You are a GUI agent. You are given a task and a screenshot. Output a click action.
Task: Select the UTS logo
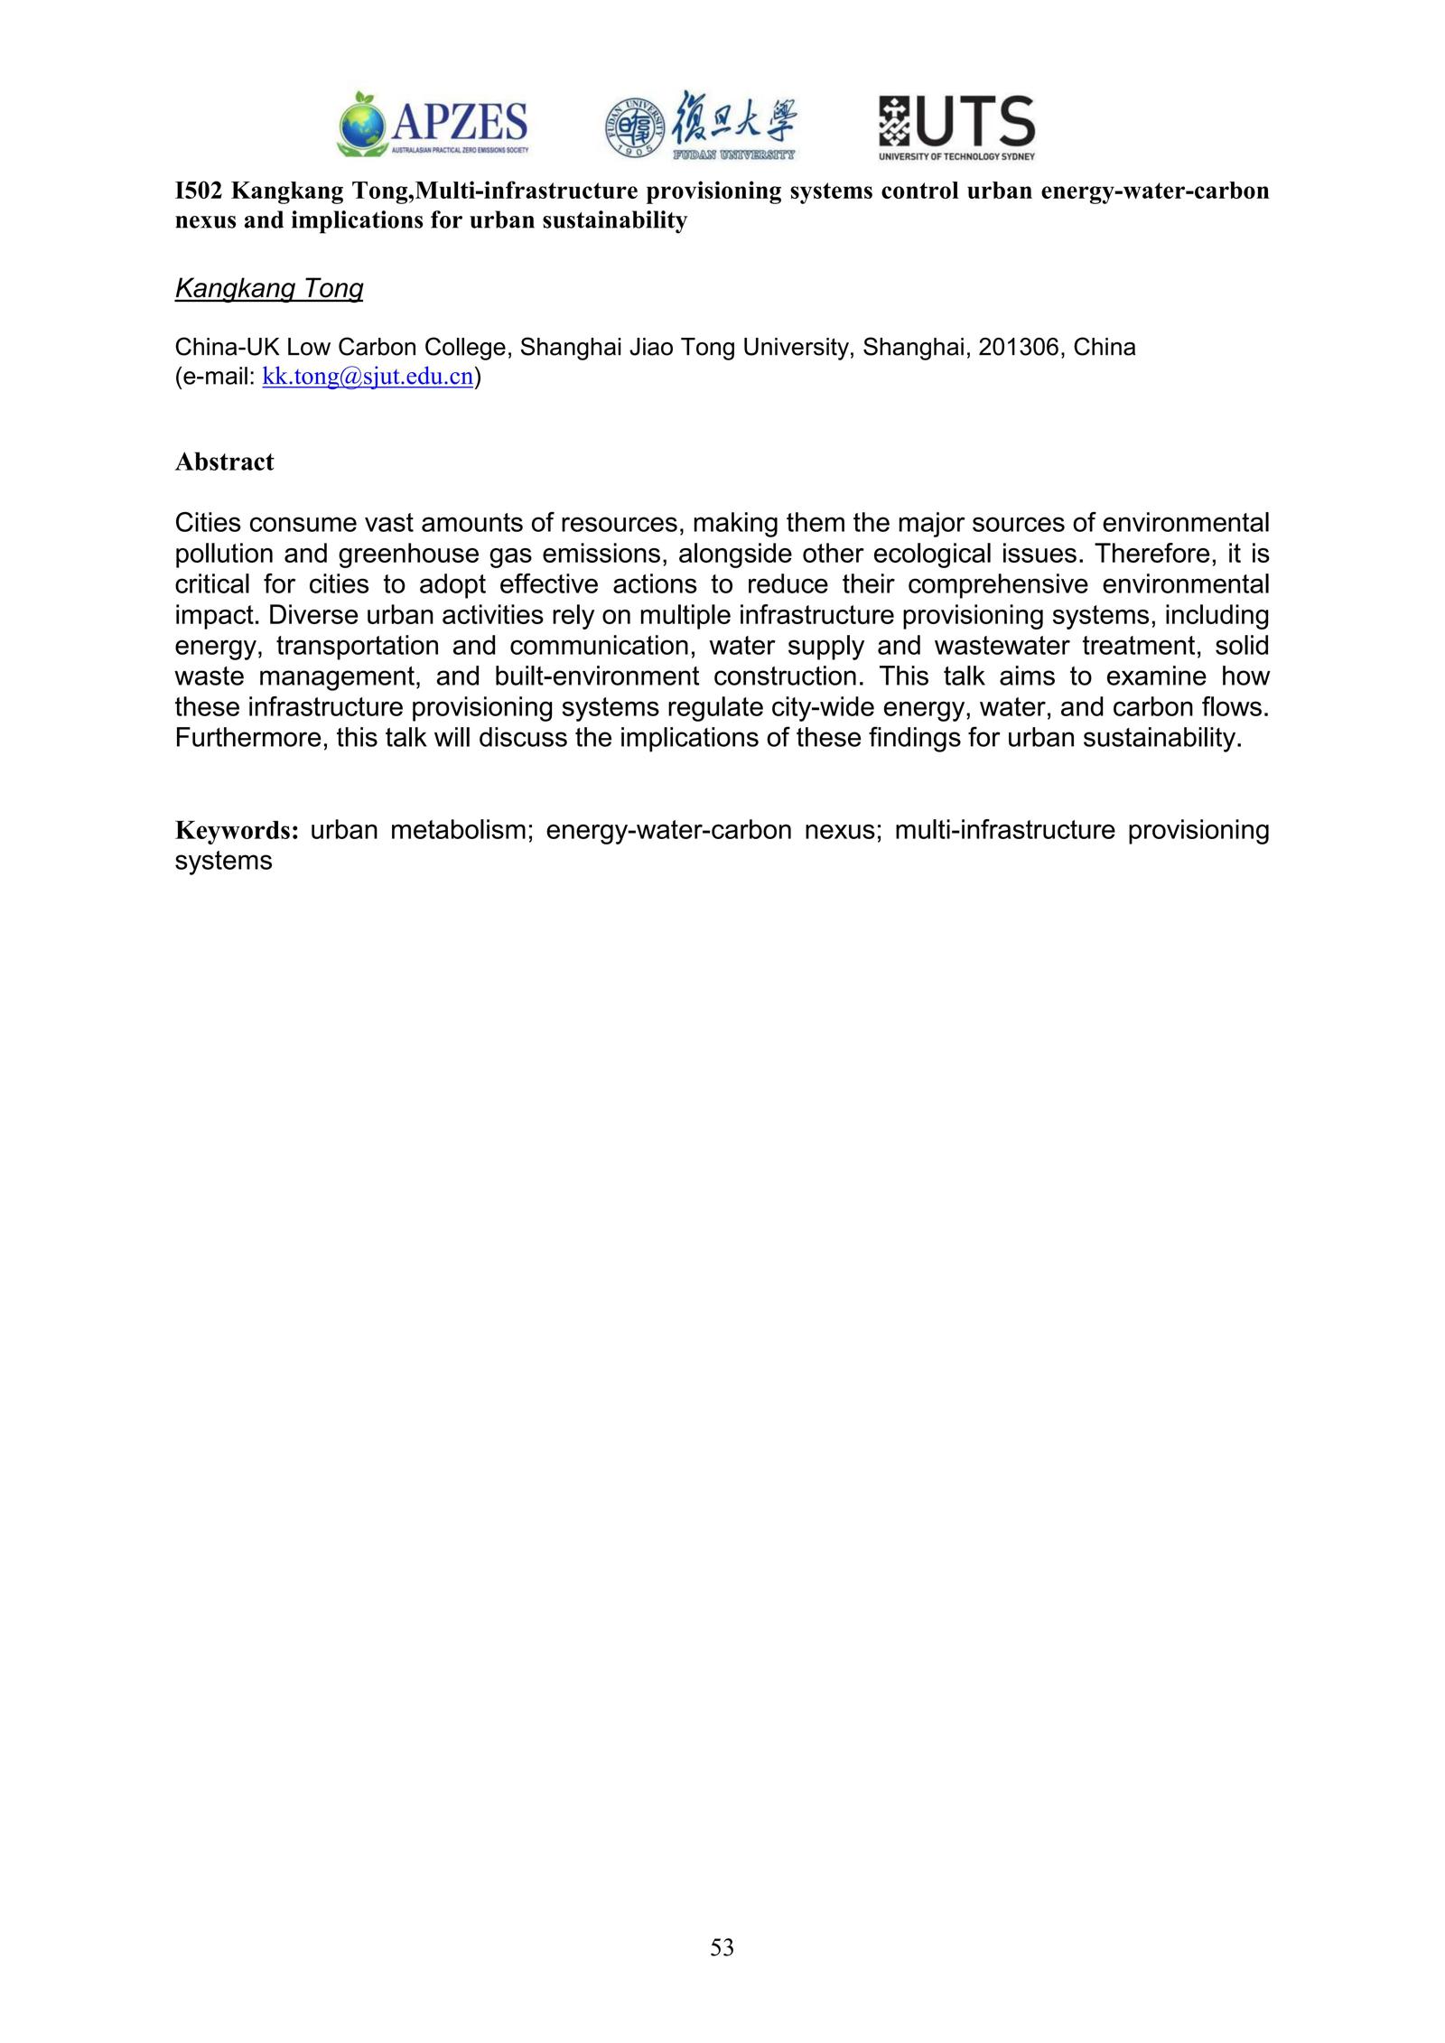click(956, 127)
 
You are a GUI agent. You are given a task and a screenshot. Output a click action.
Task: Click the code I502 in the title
click(198, 191)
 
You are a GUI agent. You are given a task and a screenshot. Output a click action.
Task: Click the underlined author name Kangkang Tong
click(268, 289)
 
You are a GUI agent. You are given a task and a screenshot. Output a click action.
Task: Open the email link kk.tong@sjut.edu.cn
click(368, 378)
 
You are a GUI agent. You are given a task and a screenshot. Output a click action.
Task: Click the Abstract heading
click(224, 462)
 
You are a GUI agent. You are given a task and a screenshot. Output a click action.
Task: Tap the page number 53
click(722, 1948)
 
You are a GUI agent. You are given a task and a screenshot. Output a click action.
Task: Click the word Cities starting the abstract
click(207, 523)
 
